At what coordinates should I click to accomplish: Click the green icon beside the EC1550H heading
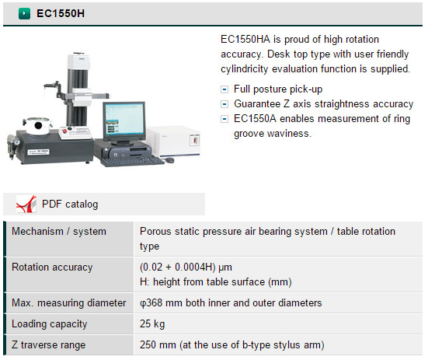(24, 13)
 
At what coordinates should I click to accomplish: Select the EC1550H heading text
(61, 13)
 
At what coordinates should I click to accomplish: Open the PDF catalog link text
(70, 204)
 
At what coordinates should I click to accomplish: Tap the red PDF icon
(26, 204)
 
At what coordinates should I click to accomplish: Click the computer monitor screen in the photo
(124, 120)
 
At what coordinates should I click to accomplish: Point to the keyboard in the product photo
(132, 161)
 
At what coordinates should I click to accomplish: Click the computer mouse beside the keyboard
(169, 160)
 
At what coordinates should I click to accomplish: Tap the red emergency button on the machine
(65, 131)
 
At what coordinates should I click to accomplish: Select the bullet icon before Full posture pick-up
(224, 89)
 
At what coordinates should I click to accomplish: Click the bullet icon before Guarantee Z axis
(224, 104)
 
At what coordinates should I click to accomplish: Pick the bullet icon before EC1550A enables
(224, 119)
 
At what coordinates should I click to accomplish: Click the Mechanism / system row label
(59, 232)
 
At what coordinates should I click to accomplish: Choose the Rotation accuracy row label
(52, 267)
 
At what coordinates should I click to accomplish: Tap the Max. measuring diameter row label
(69, 303)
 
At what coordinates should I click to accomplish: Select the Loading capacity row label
(50, 324)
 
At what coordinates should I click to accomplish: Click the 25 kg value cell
(152, 324)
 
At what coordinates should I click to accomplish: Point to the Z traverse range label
(49, 345)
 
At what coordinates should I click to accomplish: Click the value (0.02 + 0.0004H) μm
(186, 267)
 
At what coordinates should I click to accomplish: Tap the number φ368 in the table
(151, 303)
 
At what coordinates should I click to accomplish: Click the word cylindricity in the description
(245, 69)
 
